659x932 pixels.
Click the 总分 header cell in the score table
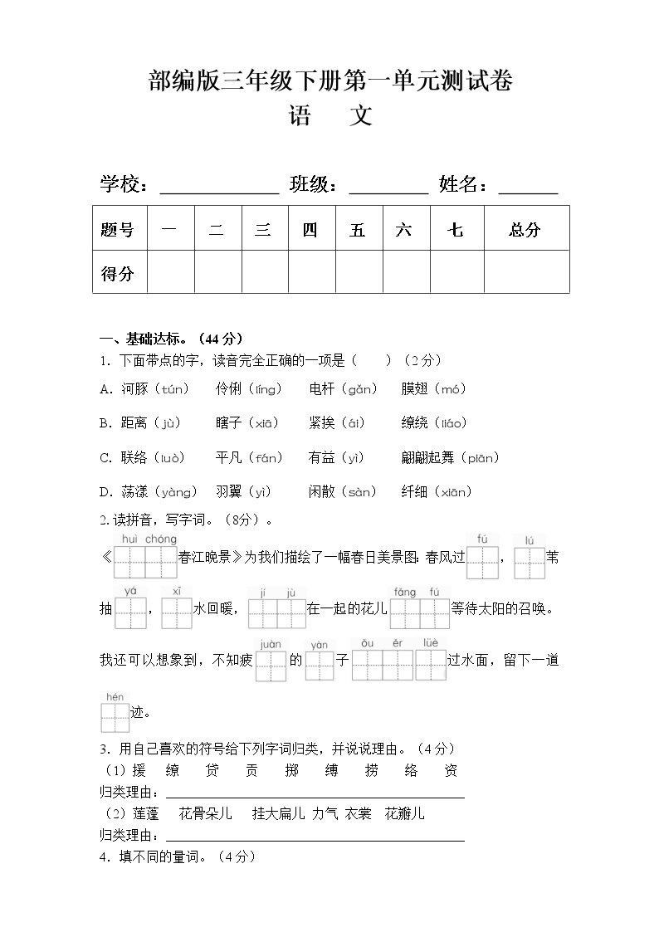pyautogui.click(x=525, y=230)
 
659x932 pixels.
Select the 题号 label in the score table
pyautogui.click(x=117, y=230)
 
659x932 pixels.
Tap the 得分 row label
pyautogui.click(x=117, y=273)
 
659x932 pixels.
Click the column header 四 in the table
pyautogui.click(x=310, y=230)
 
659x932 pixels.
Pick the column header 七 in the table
pyautogui.click(x=456, y=230)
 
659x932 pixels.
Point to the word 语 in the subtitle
pyautogui.click(x=300, y=115)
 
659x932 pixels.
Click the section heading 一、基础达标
pyautogui.click(x=170, y=339)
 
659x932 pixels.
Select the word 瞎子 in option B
pyautogui.click(x=228, y=423)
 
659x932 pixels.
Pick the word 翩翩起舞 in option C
pyautogui.click(x=429, y=457)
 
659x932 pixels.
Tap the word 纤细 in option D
pyautogui.click(x=414, y=492)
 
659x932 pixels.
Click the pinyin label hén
pyautogui.click(x=114, y=697)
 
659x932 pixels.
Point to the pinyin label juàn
pyautogui.click(x=271, y=644)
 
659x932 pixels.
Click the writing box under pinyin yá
pyautogui.click(x=130, y=613)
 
